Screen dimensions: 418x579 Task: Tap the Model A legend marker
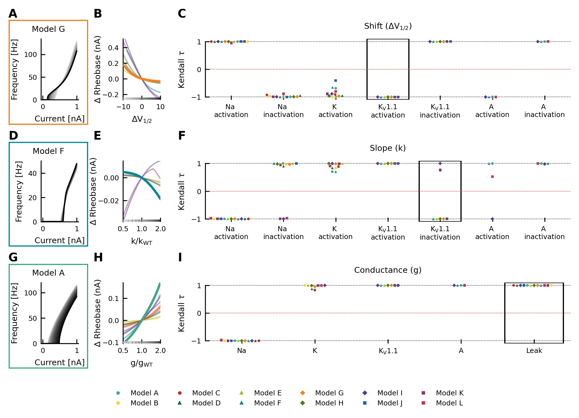click(x=118, y=393)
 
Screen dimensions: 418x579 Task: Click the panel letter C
click(x=182, y=14)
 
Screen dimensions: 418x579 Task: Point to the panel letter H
click(x=98, y=257)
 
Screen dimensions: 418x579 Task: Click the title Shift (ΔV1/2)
click(x=388, y=26)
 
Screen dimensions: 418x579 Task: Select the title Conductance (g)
click(x=388, y=270)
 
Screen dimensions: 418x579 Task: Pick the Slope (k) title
click(x=388, y=148)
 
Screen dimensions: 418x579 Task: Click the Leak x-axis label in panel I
click(x=534, y=350)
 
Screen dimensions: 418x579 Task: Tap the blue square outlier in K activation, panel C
click(x=336, y=80)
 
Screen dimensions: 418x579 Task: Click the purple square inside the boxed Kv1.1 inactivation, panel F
click(x=440, y=170)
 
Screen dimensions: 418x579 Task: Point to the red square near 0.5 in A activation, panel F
click(x=492, y=176)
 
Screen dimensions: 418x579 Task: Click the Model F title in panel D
click(x=48, y=151)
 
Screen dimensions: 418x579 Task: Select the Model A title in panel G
click(x=48, y=273)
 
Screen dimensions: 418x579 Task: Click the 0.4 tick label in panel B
click(x=113, y=48)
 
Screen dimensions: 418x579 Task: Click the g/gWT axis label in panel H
click(x=142, y=363)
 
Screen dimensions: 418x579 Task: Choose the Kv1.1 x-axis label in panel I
click(x=388, y=351)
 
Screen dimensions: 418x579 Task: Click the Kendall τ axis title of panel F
click(x=182, y=191)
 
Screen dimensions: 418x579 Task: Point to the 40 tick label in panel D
click(x=32, y=173)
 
